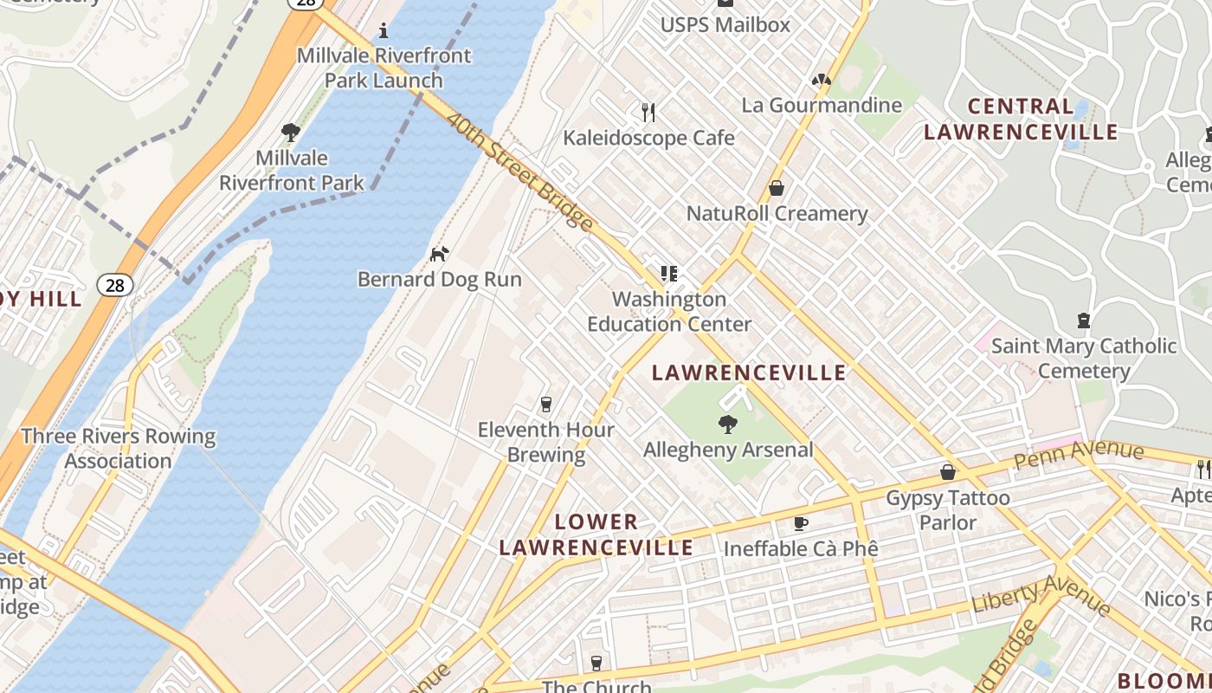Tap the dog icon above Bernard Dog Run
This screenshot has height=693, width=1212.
pos(440,254)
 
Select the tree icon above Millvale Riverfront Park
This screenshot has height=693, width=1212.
pos(291,133)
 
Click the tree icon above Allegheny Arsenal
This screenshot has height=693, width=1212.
pos(728,424)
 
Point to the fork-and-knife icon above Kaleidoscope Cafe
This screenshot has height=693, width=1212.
pos(648,112)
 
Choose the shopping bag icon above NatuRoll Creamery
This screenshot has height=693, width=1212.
pos(777,188)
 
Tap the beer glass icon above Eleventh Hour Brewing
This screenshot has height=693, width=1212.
pos(545,404)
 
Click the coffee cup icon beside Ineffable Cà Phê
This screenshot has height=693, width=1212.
pos(801,523)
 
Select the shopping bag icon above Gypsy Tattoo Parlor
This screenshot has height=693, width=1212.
pos(948,472)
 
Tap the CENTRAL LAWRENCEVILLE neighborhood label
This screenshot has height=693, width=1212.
pos(1020,120)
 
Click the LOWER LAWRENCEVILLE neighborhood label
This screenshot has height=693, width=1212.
pos(596,534)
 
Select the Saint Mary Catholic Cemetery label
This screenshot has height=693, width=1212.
pos(1084,359)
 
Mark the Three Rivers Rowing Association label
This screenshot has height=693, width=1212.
pos(119,448)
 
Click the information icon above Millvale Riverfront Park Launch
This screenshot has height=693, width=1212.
pos(384,31)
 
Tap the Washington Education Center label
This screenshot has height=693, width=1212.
pos(669,312)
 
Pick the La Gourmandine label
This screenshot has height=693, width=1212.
pos(822,106)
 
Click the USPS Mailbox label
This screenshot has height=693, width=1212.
pos(725,24)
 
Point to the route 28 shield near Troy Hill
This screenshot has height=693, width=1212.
pos(114,284)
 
